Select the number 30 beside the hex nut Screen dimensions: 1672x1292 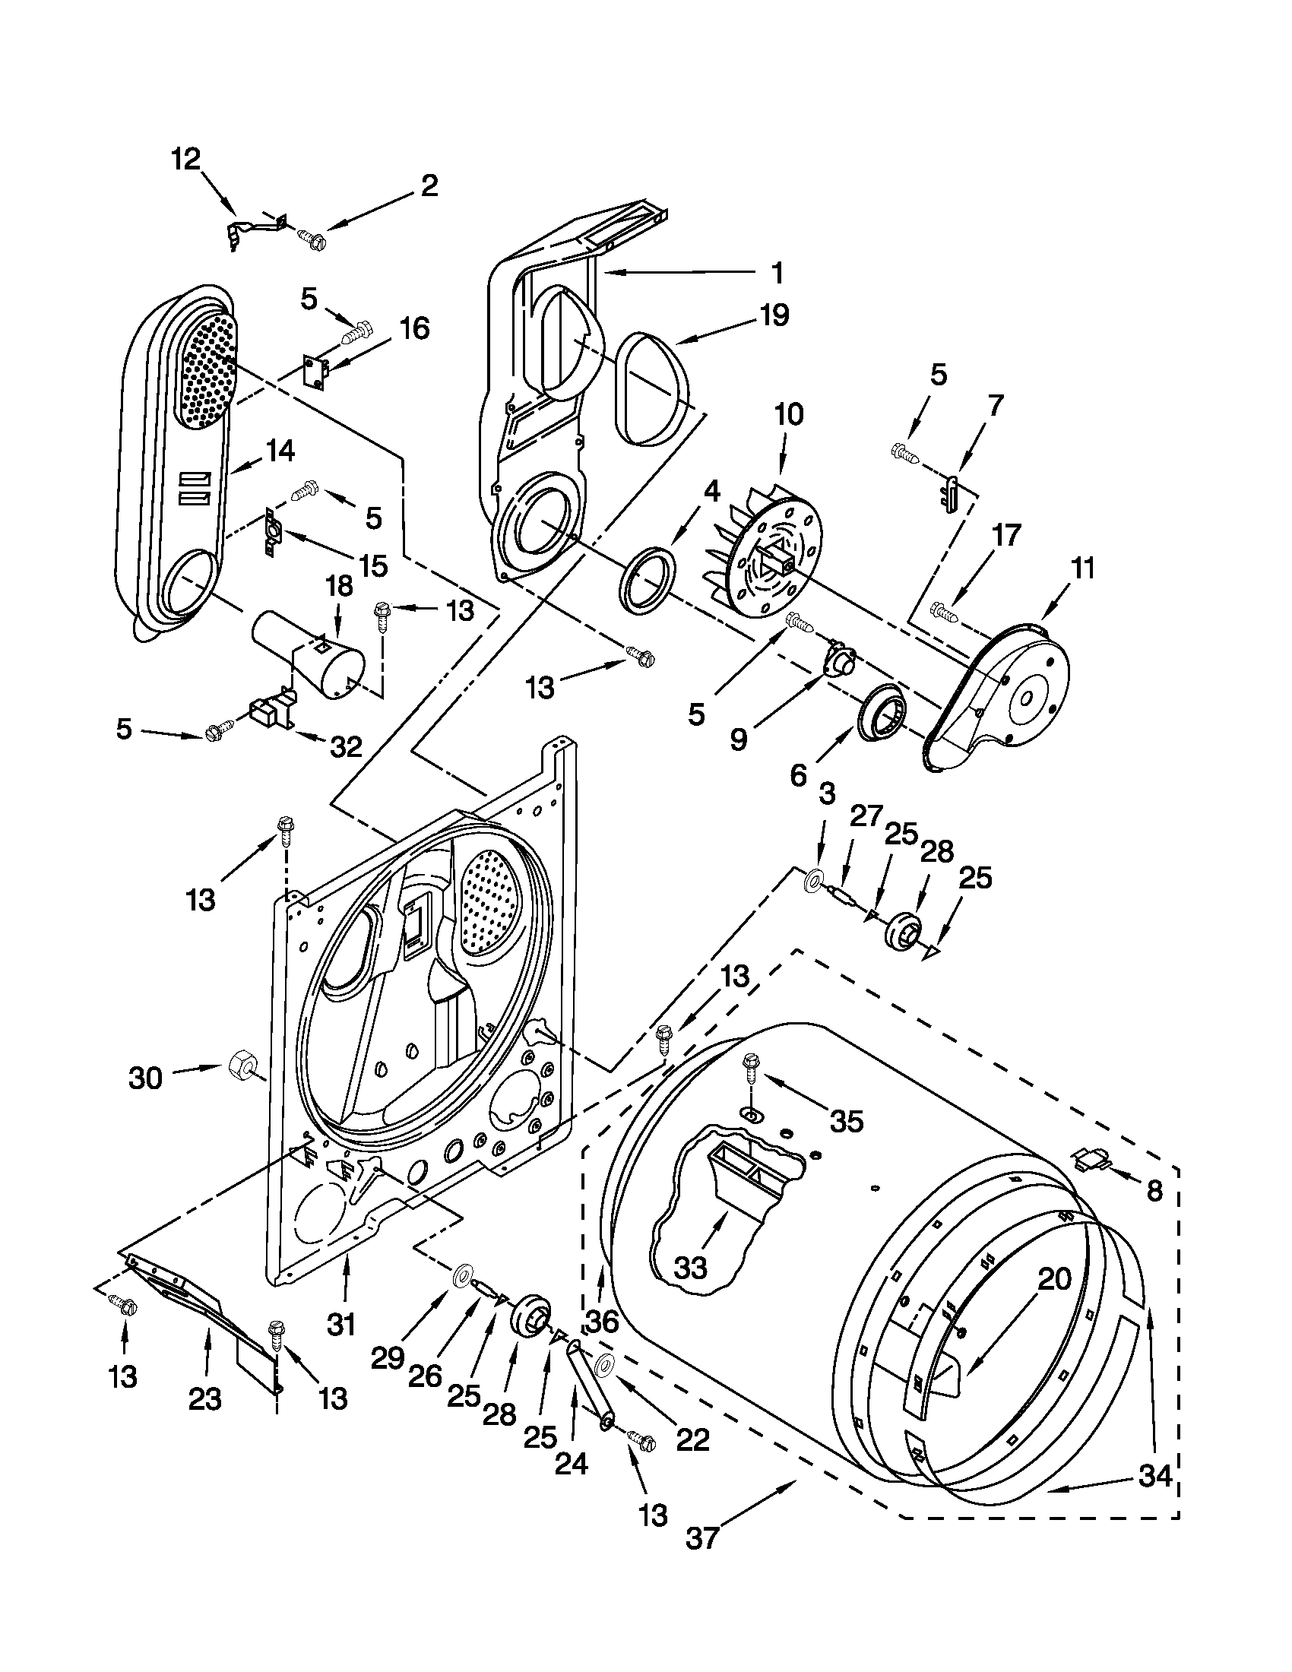145,1078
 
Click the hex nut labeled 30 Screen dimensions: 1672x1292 242,1065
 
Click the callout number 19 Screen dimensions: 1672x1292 774,315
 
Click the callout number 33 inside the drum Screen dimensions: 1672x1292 691,1268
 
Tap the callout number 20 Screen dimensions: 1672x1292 1054,1278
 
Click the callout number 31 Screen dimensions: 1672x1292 341,1322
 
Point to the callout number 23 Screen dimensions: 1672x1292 205,1398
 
